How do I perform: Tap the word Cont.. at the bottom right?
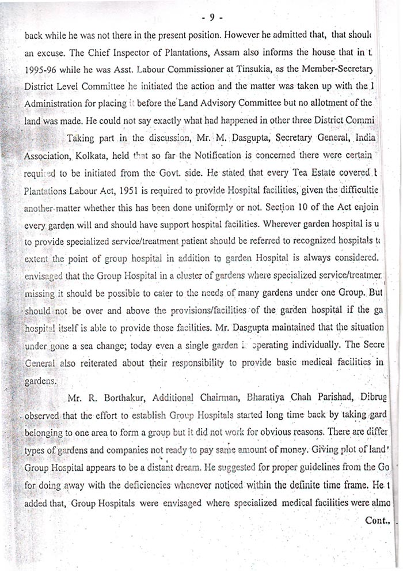point(378,520)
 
